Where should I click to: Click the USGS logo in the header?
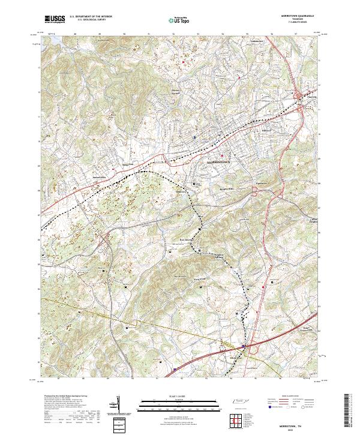[x=55, y=20]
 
